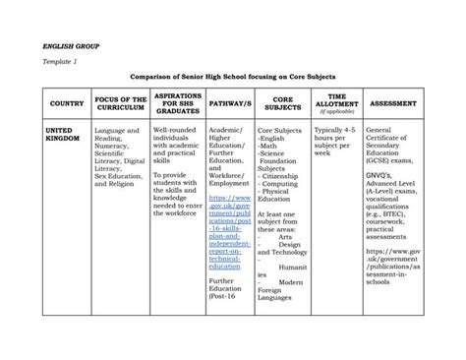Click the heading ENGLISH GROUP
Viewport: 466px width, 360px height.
[64, 45]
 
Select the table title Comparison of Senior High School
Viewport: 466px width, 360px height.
[233, 77]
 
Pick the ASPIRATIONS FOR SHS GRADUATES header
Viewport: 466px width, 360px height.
[177, 104]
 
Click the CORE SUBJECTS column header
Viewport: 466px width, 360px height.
[283, 104]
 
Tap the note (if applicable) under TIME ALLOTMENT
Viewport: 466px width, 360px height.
[336, 114]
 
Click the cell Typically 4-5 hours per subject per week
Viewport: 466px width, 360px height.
[336, 142]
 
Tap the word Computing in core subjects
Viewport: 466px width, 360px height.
[285, 184]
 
